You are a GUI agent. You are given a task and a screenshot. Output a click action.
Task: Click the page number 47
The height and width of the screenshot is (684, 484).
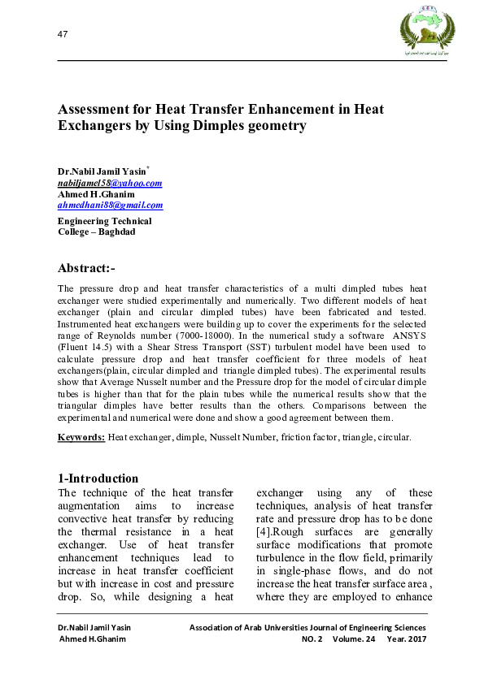(x=62, y=33)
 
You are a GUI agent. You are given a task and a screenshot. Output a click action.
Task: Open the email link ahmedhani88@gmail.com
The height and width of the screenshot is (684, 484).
(x=110, y=206)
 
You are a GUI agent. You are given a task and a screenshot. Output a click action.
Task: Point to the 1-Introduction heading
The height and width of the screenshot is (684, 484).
(x=98, y=478)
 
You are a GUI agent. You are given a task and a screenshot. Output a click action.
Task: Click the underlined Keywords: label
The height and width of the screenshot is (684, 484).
(x=81, y=437)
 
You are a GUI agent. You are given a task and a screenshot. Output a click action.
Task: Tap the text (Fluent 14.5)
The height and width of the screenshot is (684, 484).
(x=86, y=346)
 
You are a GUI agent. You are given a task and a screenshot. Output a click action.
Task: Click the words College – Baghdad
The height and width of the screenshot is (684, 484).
(x=97, y=232)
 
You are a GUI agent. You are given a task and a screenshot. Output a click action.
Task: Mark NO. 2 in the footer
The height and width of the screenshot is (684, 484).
(x=312, y=639)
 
